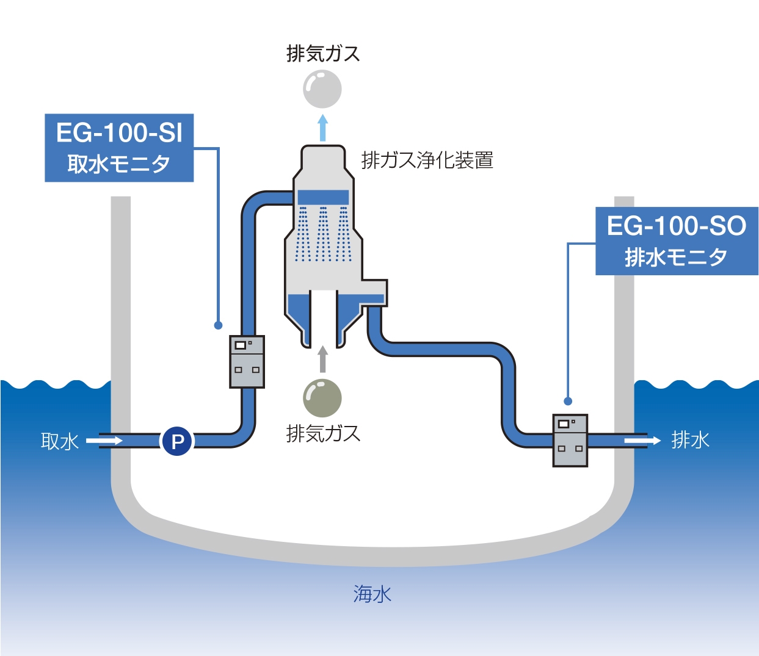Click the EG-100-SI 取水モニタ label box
coord(119,148)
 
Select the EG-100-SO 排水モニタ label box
coord(677,241)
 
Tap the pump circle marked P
coord(177,441)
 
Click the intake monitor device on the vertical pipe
coord(247,361)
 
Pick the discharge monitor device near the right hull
coord(570,440)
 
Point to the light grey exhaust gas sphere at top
coord(322,89)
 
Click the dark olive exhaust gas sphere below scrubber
coord(322,398)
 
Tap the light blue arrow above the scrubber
coord(322,128)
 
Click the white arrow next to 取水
coord(104,441)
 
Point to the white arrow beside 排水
coord(642,440)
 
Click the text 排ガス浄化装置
coord(427,160)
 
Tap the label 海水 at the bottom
coord(372,594)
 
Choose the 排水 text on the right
coord(690,440)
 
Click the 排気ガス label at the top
coord(323,54)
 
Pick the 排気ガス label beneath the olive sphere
coord(323,434)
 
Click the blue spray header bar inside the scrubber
coord(323,197)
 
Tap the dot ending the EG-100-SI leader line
coord(218,325)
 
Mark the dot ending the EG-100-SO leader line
coord(568,401)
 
